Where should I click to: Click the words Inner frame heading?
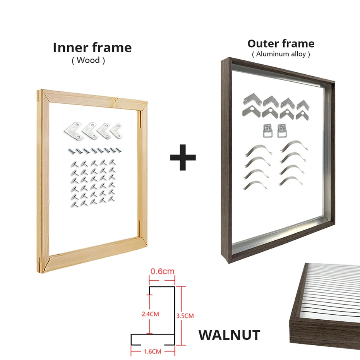tap(92, 48)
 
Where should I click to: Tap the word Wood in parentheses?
tap(88, 60)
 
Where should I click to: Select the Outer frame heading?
tap(281, 44)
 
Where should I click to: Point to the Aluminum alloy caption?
tap(281, 54)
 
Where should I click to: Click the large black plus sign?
tap(183, 158)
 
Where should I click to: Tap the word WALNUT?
tap(229, 335)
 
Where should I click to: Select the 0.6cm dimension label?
tap(162, 271)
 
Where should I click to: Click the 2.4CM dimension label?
tap(150, 314)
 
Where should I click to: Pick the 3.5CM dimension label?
tap(185, 316)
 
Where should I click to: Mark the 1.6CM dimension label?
tap(153, 351)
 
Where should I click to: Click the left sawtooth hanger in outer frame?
tap(267, 130)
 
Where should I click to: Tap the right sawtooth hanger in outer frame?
tap(281, 130)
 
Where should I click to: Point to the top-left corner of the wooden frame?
tap(38, 90)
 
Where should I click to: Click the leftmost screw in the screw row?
tap(71, 151)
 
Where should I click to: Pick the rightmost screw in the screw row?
tap(118, 150)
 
